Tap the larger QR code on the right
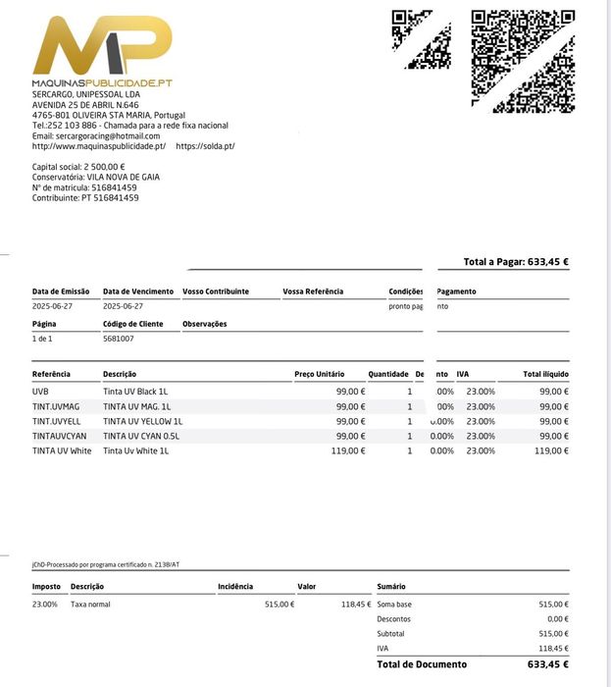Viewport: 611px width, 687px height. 523,61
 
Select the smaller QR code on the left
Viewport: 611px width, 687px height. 421,39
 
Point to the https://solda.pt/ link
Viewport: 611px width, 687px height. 205,146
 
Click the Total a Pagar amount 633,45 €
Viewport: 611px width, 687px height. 548,262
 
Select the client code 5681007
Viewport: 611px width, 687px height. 119,339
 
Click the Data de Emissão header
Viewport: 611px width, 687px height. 61,291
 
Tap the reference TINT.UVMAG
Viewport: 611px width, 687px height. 56,406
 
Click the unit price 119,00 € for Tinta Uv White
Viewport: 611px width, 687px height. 348,450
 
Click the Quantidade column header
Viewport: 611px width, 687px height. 388,374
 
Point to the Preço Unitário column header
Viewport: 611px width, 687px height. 320,374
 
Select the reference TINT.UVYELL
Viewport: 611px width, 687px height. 57,421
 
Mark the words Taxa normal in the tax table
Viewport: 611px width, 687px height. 90,605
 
